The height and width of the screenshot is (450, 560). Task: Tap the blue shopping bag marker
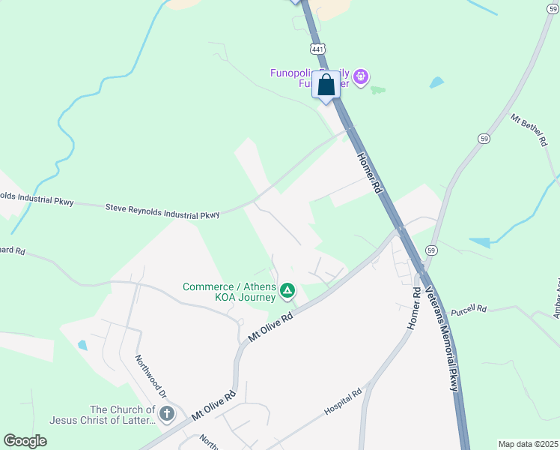[x=326, y=85]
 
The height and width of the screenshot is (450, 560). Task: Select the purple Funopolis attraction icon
[x=361, y=76]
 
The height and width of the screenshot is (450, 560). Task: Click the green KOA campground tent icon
[x=287, y=290]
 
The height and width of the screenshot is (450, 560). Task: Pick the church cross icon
[x=167, y=413]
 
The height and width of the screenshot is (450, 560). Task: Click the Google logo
[x=25, y=440]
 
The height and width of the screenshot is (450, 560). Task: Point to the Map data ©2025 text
[x=528, y=444]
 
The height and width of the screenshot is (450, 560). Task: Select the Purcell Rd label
[x=470, y=308]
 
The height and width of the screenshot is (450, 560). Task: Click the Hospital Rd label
[x=343, y=402]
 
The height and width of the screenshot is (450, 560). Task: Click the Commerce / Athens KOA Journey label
[x=230, y=292]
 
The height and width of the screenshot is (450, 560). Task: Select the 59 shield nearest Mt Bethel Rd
[x=484, y=139]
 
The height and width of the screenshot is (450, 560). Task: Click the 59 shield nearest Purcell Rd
[x=430, y=249]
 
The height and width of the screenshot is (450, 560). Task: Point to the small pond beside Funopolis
[x=436, y=82]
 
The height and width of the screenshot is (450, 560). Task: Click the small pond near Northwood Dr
[x=82, y=346]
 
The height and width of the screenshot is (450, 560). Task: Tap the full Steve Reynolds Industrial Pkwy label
[x=162, y=211]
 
